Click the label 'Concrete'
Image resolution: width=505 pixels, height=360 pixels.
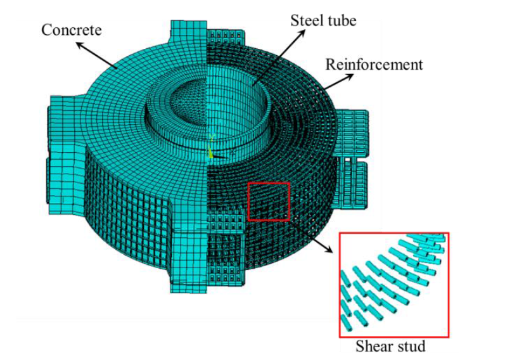coord(72,30)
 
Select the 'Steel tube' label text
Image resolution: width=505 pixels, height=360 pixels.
coord(323,20)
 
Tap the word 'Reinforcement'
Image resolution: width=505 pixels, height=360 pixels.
coord(373,64)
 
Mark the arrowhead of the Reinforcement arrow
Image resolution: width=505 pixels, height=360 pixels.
coord(350,76)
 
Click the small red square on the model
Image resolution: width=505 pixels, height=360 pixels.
coord(269,201)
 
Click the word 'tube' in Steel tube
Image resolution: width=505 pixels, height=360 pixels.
coord(342,20)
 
